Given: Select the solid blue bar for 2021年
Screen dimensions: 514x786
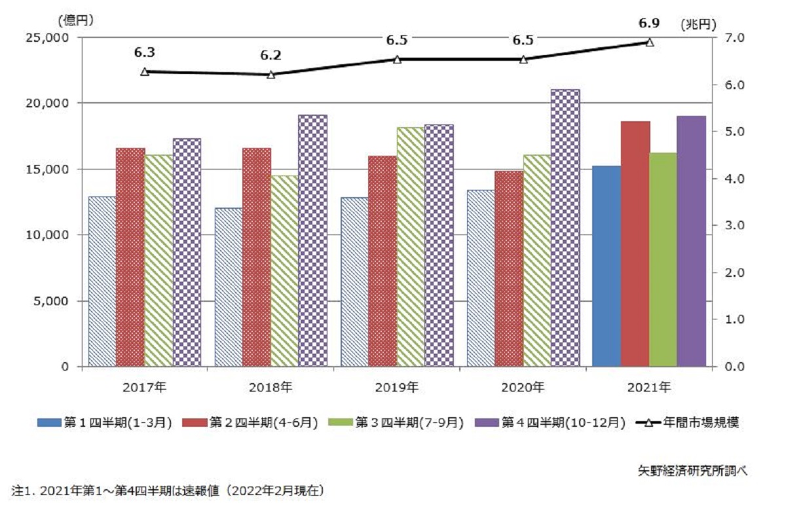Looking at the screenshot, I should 606,266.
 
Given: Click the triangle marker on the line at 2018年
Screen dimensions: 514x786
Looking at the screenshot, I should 271,74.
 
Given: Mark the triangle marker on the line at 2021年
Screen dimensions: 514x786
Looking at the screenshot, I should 650,42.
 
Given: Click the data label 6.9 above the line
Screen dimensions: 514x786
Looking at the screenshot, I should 649,24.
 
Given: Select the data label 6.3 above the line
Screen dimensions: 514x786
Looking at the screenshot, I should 145,52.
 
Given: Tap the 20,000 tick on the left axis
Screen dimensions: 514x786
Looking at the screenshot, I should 50,103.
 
